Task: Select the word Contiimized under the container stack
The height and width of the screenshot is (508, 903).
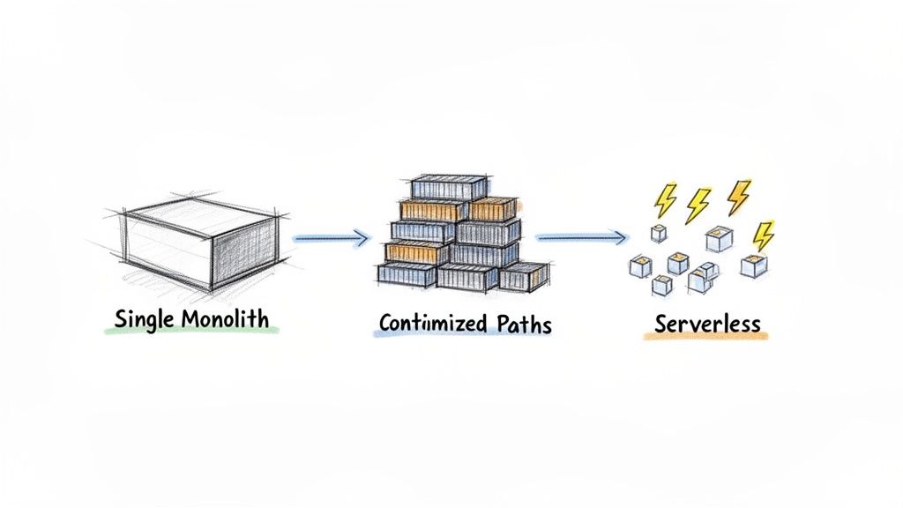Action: point(432,324)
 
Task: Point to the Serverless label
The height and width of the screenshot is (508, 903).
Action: point(707,323)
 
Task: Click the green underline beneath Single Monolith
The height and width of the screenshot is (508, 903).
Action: point(190,332)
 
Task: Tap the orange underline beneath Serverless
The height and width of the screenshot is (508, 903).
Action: point(705,336)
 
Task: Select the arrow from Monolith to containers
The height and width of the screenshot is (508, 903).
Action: point(330,236)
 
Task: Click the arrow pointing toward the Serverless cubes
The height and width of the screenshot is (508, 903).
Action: point(582,236)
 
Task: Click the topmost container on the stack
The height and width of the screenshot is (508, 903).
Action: point(448,187)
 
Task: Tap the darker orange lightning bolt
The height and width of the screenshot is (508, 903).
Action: point(739,196)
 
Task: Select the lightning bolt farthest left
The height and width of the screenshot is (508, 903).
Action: point(665,200)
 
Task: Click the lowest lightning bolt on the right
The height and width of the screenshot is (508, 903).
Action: point(764,235)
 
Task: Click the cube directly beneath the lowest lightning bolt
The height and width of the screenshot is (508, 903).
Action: point(754,265)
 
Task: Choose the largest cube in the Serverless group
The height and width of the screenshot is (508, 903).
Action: point(719,239)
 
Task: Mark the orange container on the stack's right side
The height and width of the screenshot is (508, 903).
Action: point(492,209)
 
